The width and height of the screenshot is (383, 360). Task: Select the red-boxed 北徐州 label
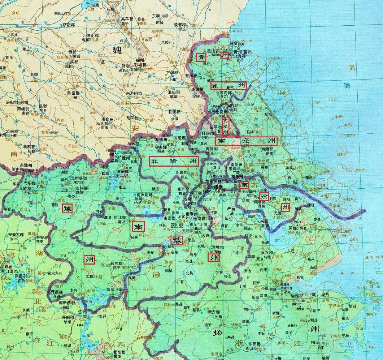tap(174, 161)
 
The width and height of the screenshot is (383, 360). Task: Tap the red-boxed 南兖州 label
tap(246, 141)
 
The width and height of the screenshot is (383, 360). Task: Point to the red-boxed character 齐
tap(200, 57)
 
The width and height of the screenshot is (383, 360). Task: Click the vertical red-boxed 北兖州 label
tap(225, 125)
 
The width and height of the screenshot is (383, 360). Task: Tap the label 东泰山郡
tap(160, 16)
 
